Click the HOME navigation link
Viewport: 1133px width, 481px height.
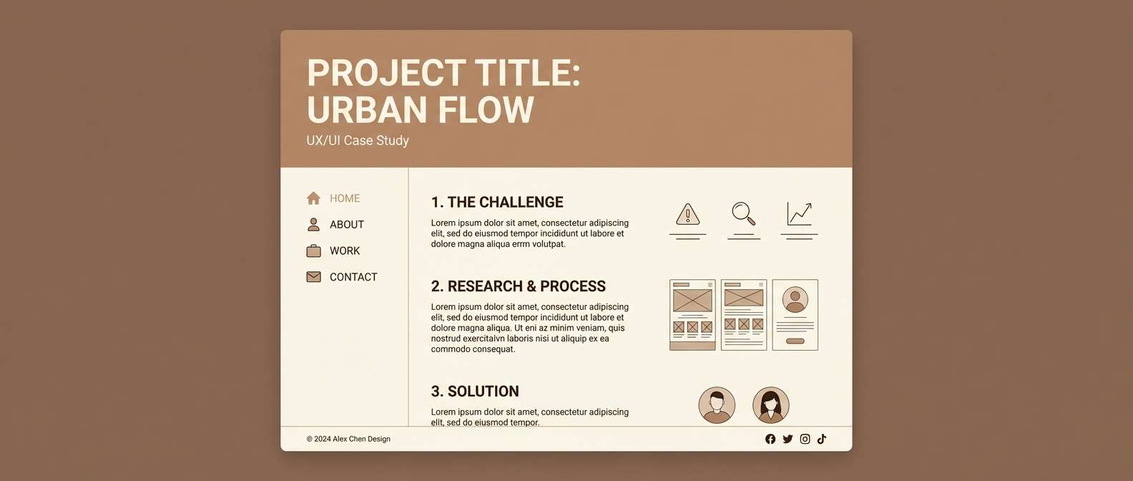tap(344, 198)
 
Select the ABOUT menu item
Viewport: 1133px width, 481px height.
tap(346, 225)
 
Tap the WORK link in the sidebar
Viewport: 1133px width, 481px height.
tap(344, 251)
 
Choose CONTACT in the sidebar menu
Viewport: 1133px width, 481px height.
tap(353, 277)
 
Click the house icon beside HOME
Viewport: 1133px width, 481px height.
tap(313, 198)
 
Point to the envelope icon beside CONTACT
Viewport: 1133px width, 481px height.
tap(313, 277)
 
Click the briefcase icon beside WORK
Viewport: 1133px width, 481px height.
tap(313, 251)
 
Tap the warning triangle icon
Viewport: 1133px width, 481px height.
tap(687, 214)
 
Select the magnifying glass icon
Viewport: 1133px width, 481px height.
tap(743, 213)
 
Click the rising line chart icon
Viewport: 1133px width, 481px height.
tap(799, 213)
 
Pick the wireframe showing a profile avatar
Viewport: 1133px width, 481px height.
tap(795, 315)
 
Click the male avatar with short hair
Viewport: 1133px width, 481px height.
tap(717, 405)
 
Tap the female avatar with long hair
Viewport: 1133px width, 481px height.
tap(770, 405)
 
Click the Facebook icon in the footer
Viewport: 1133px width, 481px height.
tap(770, 439)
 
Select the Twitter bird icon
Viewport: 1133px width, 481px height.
tap(788, 439)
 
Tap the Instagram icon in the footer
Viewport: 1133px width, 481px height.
tap(805, 439)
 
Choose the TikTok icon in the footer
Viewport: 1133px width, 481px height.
tap(822, 439)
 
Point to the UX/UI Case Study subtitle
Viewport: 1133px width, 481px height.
tap(358, 141)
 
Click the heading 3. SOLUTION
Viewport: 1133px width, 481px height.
tap(475, 392)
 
